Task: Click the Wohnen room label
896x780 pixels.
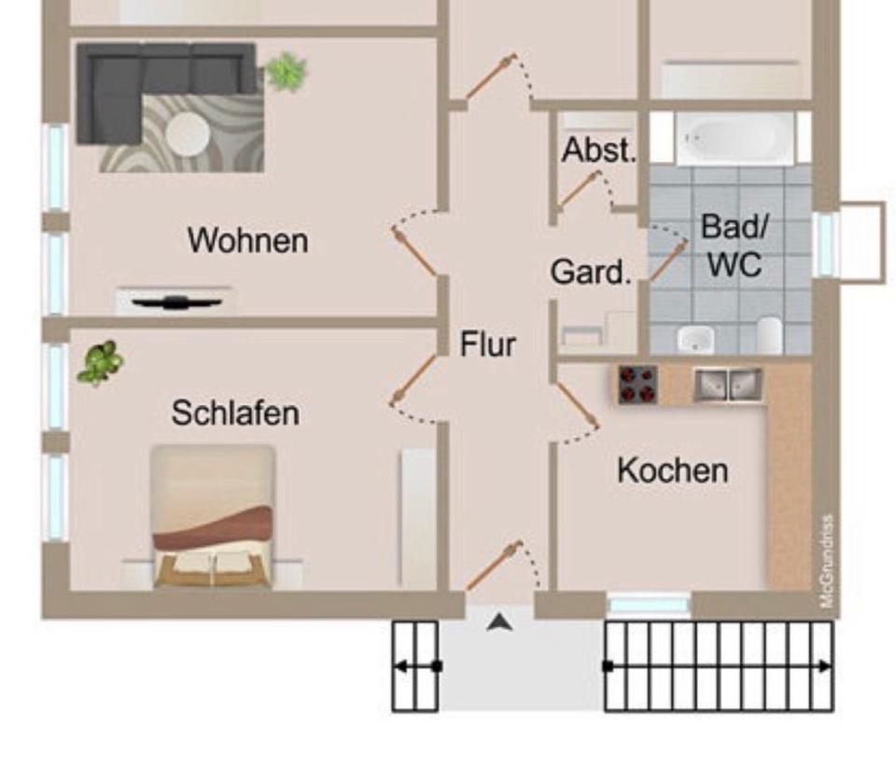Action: (x=247, y=241)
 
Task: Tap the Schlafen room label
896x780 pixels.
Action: (x=235, y=412)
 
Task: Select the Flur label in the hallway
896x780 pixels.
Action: (x=487, y=344)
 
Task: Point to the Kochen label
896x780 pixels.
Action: (x=672, y=470)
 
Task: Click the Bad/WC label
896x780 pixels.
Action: (x=734, y=246)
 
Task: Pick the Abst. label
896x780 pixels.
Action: (x=598, y=150)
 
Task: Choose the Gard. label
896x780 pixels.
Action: (x=591, y=273)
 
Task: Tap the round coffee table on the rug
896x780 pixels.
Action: (x=189, y=132)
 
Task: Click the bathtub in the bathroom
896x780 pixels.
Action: (x=735, y=138)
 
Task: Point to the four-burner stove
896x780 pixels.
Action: (x=637, y=383)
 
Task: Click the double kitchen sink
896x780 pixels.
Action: (x=728, y=383)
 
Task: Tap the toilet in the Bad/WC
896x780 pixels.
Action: (x=768, y=335)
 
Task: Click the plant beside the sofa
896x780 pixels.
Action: (x=286, y=72)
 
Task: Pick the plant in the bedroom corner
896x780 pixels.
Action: (x=100, y=362)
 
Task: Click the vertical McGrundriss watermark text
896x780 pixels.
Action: (x=827, y=561)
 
